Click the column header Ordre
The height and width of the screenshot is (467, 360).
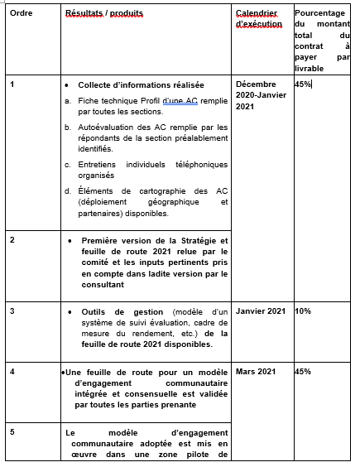(x=21, y=16)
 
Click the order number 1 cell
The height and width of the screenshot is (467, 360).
(x=12, y=84)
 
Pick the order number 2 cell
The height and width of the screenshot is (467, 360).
(x=12, y=239)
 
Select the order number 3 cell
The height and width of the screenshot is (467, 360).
(x=12, y=311)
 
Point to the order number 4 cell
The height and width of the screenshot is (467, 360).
(x=12, y=371)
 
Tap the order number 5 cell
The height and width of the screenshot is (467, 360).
(x=12, y=431)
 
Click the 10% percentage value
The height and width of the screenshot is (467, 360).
(x=303, y=311)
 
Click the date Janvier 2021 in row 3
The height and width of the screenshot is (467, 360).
(x=261, y=311)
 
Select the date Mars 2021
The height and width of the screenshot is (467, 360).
(x=256, y=371)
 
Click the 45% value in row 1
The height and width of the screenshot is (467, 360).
(x=303, y=84)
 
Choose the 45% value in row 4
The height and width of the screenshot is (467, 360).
(x=303, y=371)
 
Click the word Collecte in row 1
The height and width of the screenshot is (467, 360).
(x=98, y=85)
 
